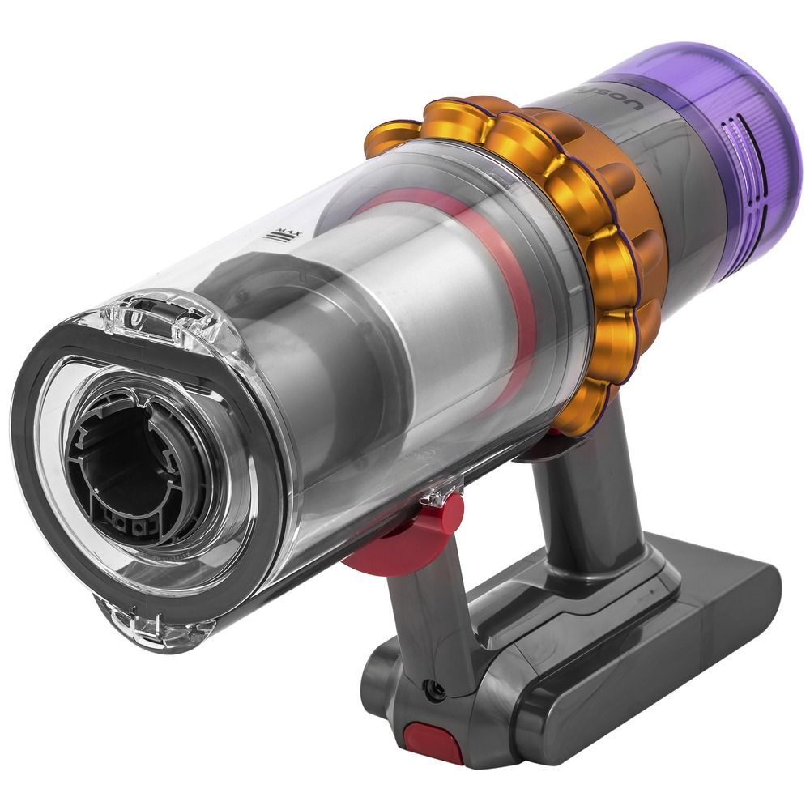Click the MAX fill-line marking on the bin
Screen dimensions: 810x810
point(283,237)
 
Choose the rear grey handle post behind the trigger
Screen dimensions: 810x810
point(616,486)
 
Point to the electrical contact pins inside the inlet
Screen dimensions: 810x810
point(134,526)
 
